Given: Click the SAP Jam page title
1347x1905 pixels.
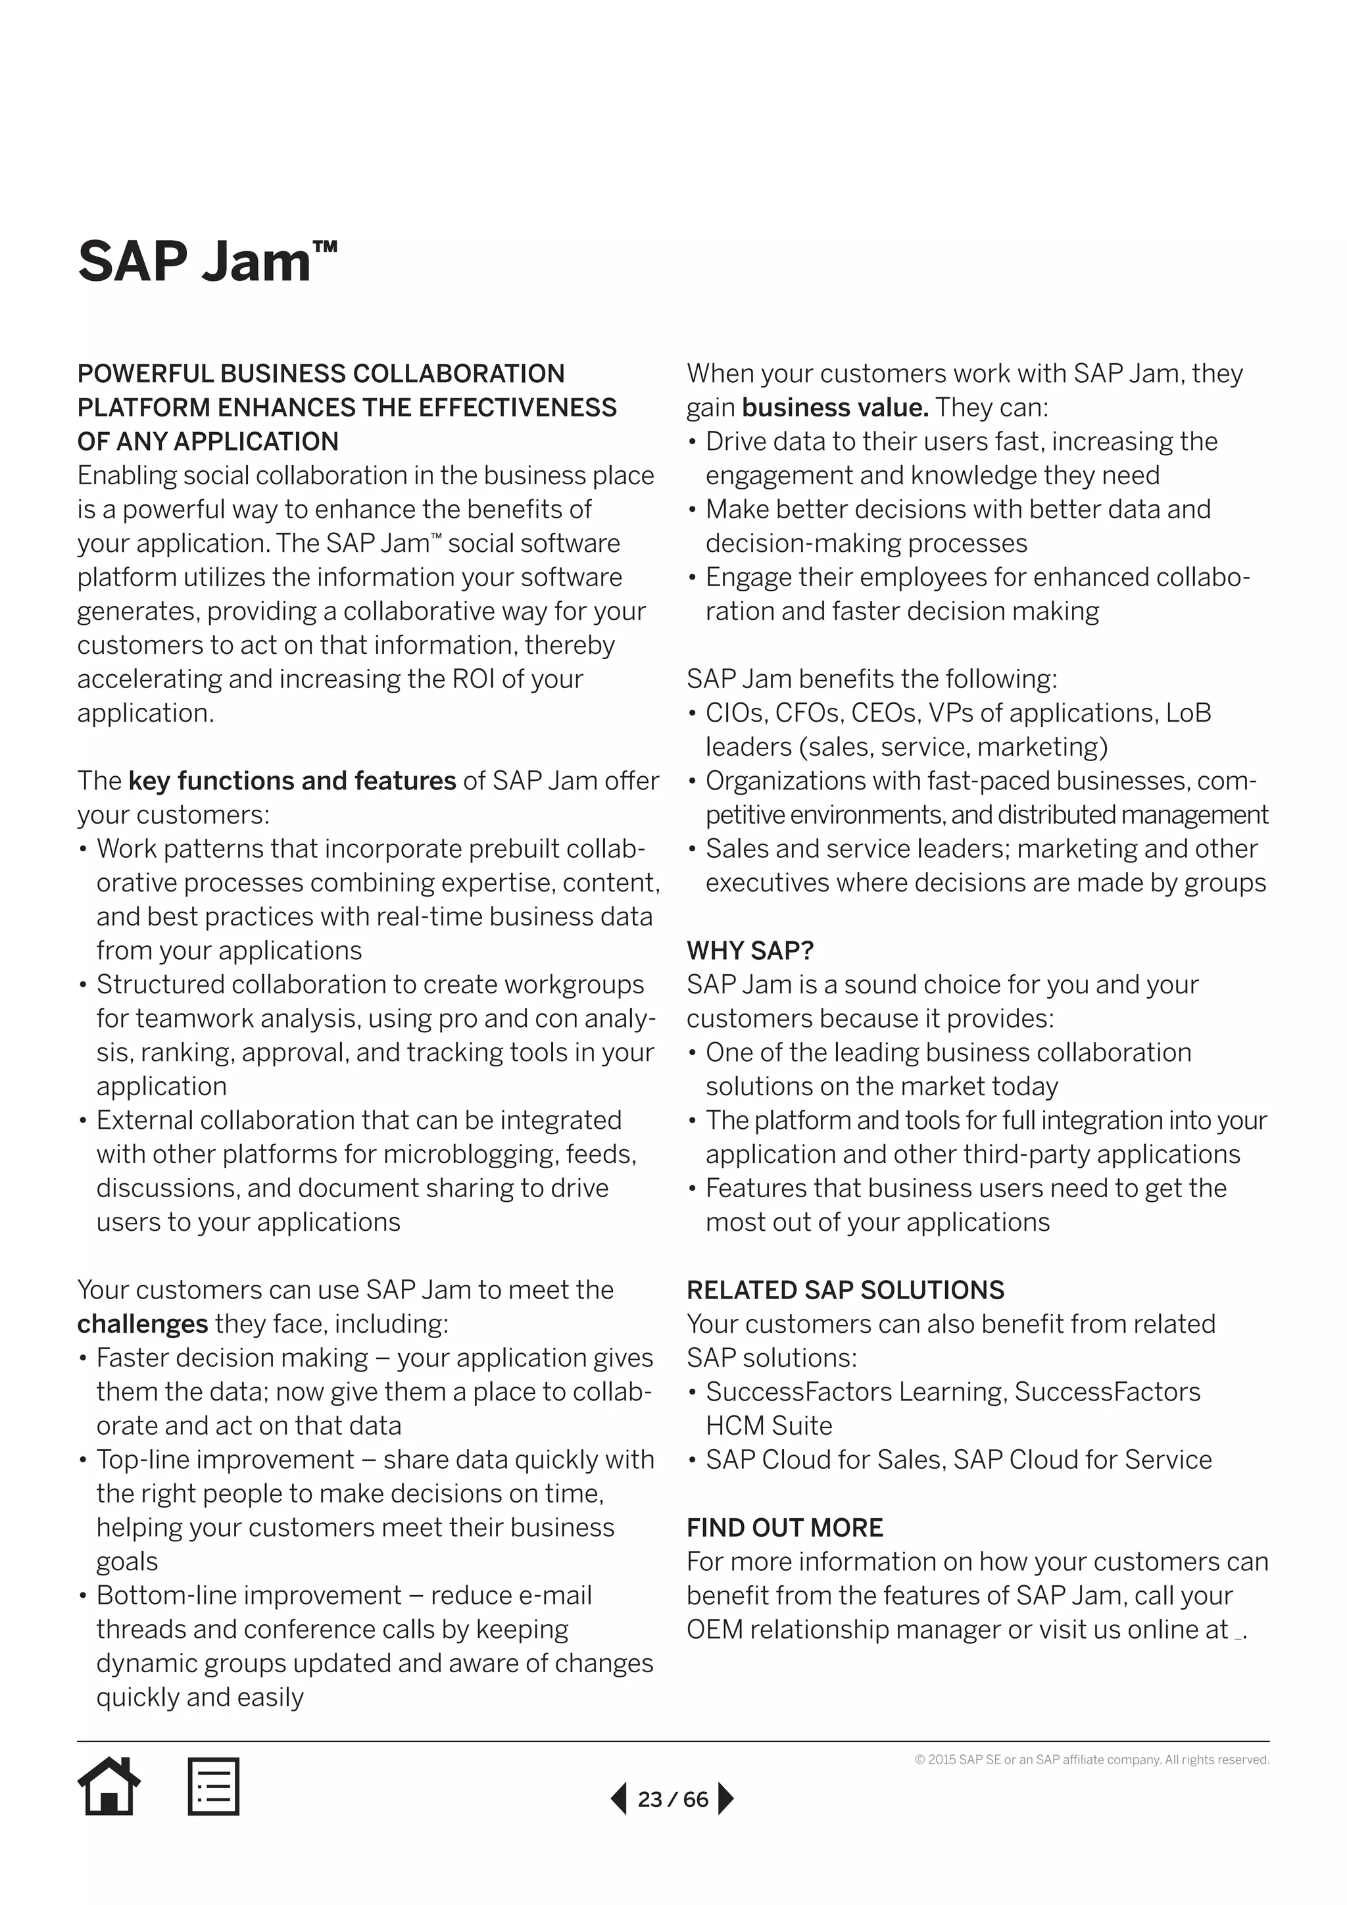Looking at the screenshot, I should click(207, 261).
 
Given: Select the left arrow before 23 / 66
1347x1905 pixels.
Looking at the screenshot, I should click(619, 1799).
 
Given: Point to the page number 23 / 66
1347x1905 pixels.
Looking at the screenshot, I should click(673, 1799).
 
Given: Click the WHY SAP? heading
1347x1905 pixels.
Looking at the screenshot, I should click(750, 950).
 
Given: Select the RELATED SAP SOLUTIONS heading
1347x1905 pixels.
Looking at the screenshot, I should click(845, 1289).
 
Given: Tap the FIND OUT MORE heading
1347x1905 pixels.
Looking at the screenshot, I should click(784, 1527).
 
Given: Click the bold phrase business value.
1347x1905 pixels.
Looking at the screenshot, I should click(835, 407).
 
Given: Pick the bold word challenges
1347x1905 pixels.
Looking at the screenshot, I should click(142, 1324).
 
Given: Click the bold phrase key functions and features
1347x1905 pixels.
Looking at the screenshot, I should click(292, 781).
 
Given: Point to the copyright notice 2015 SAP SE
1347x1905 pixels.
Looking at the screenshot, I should click(1092, 1760).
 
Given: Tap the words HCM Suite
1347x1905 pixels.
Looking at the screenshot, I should click(768, 1425).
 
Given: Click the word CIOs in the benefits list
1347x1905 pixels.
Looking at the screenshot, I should click(728, 712).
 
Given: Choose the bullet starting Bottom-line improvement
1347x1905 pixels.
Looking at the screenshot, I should click(343, 1596).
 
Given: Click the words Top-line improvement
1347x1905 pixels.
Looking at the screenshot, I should click(225, 1460).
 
